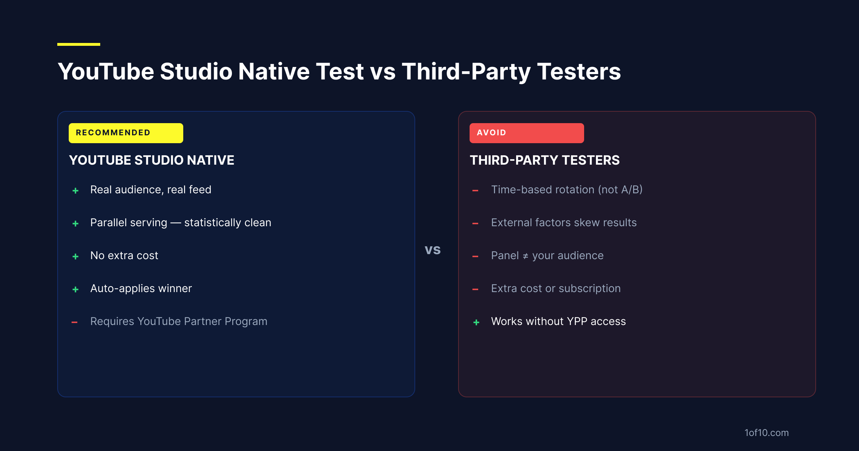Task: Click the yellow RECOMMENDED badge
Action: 126,133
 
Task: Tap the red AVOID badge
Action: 527,133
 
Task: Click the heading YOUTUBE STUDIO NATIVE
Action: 151,160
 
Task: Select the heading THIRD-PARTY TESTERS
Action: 545,160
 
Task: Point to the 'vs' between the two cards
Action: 433,249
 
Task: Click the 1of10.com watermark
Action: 767,433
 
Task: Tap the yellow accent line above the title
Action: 79,44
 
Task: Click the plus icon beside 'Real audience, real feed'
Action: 76,191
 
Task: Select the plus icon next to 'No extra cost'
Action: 76,257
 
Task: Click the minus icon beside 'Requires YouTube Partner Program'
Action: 74,323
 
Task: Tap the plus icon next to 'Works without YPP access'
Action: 476,323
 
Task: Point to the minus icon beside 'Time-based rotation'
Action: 475,191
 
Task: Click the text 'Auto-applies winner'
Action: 141,288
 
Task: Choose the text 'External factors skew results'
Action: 564,223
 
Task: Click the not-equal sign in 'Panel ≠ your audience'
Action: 525,256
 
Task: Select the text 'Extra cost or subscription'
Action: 556,288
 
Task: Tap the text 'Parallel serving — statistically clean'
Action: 181,223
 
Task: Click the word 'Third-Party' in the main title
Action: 466,72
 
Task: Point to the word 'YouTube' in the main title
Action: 106,72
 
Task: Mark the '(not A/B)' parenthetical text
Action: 620,190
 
